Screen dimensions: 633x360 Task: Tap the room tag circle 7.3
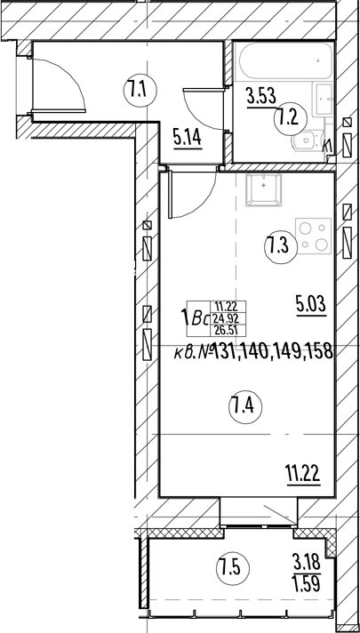[x=278, y=245]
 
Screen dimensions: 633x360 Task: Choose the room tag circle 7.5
[x=229, y=566]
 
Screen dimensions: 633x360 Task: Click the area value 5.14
[x=188, y=138]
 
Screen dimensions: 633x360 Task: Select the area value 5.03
[x=311, y=307]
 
